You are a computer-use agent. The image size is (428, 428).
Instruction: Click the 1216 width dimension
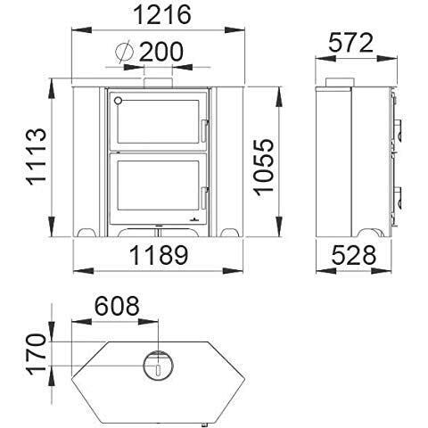pyautogui.click(x=162, y=15)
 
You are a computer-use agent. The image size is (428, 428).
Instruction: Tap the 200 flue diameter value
pyautogui.click(x=161, y=52)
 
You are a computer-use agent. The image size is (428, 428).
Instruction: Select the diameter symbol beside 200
pyautogui.click(x=124, y=52)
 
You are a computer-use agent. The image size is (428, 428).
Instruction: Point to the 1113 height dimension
pyautogui.click(x=37, y=157)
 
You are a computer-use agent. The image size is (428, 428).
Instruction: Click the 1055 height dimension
pyautogui.click(x=263, y=167)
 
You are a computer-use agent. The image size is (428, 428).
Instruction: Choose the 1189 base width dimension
pyautogui.click(x=159, y=256)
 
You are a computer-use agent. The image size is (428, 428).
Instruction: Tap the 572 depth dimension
pyautogui.click(x=350, y=44)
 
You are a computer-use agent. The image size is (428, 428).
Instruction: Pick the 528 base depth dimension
pyautogui.click(x=354, y=256)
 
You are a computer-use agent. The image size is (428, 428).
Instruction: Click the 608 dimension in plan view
pyautogui.click(x=117, y=306)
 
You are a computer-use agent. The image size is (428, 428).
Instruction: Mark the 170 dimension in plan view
pyautogui.click(x=37, y=354)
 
